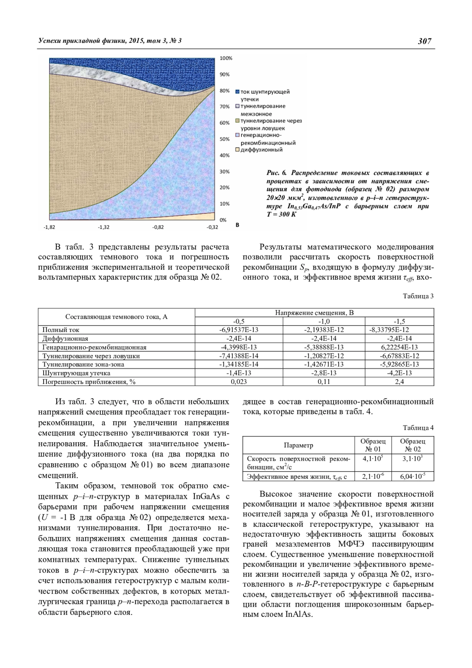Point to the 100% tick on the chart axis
point(226,58)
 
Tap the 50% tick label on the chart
point(225,139)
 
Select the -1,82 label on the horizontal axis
point(50,227)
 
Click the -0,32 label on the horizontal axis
point(212,227)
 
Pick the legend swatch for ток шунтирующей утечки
point(238,92)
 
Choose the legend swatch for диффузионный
point(238,150)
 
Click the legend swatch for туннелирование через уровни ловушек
point(238,121)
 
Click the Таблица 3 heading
point(419,296)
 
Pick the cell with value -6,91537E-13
point(239,330)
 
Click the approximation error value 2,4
point(399,382)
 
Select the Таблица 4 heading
point(419,428)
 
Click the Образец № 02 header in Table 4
point(413,445)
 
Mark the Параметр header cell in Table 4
point(299,445)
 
